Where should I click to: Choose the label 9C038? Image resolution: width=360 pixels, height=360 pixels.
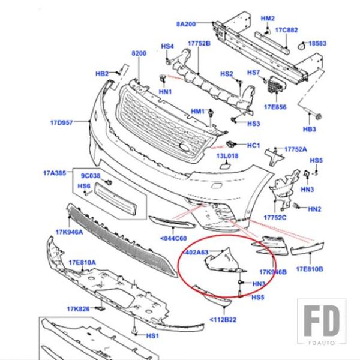click(91, 176)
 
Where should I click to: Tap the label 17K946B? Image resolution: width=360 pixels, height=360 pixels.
click(273, 272)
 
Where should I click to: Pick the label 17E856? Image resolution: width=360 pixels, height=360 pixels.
click(274, 107)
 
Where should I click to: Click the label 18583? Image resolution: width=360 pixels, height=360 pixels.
click(317, 44)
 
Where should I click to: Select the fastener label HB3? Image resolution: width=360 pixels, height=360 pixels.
click(309, 128)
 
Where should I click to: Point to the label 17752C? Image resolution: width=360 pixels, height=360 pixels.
click(275, 217)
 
